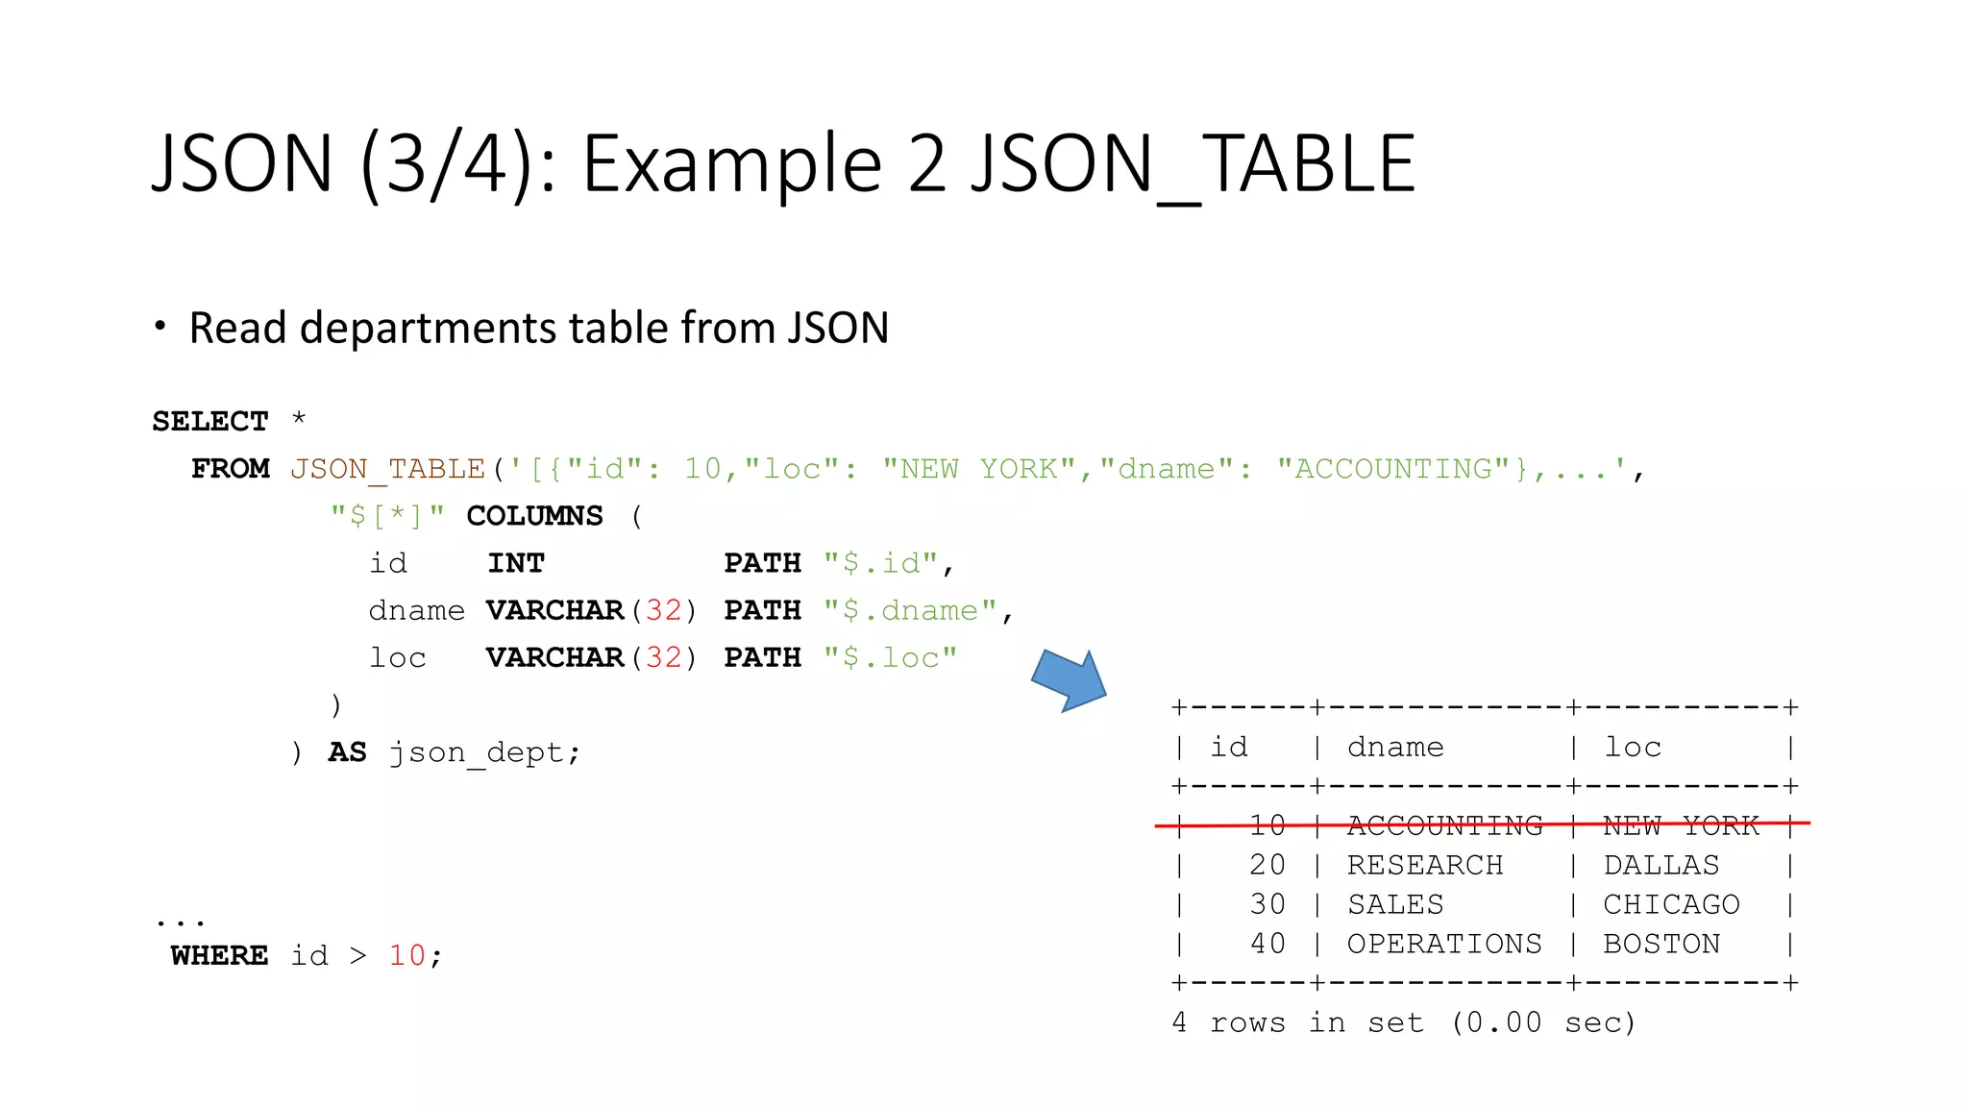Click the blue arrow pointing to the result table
[x=1070, y=680]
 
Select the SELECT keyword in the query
[x=209, y=421]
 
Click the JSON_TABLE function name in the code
[x=387, y=469]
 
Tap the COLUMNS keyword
[x=534, y=516]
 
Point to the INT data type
[x=515, y=563]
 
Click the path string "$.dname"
[x=910, y=610]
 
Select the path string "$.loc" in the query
[x=890, y=657]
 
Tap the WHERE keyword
[x=219, y=955]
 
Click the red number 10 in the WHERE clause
[x=406, y=955]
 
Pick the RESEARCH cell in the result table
[x=1424, y=865]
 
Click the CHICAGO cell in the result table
[x=1671, y=904]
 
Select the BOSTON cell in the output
[x=1661, y=944]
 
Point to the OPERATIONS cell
[x=1443, y=944]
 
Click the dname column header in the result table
[x=1395, y=747]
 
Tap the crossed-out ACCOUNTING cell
[x=1443, y=825]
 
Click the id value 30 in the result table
[x=1267, y=904]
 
